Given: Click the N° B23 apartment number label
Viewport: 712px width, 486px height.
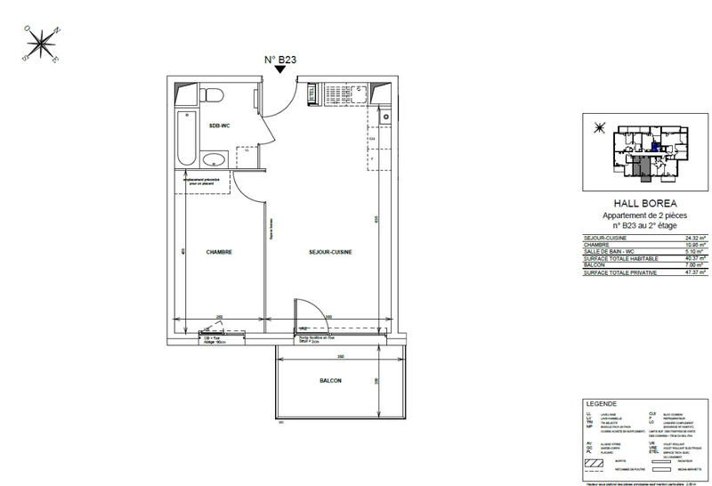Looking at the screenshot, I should (x=280, y=61).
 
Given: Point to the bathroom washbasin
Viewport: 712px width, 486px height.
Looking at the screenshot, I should (x=214, y=160).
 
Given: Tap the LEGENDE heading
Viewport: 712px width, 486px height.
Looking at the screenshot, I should (x=595, y=403).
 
